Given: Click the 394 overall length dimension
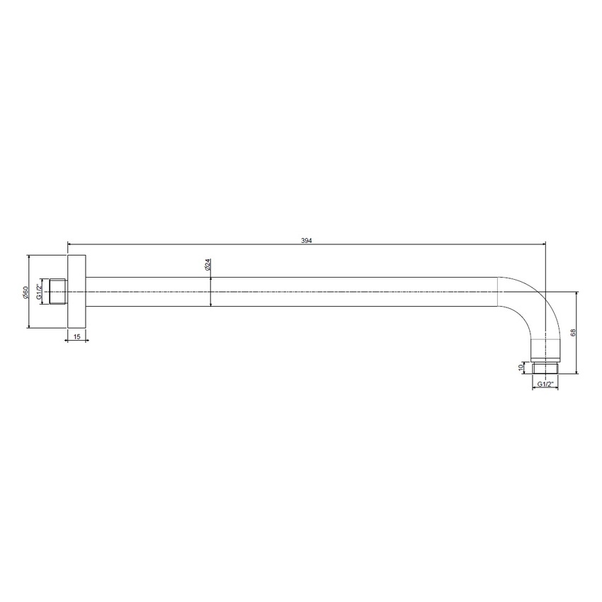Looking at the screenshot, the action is point(307,241).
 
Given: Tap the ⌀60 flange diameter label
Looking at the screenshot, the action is point(25,293).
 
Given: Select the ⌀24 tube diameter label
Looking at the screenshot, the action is point(208,265).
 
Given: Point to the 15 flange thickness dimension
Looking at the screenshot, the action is point(76,336).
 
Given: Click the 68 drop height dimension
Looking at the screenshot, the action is point(573,332).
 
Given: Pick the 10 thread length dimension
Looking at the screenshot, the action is point(521,367).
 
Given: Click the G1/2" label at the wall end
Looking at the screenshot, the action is point(39,292).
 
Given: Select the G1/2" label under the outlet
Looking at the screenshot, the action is point(545,384).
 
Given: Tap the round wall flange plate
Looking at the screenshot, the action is point(76,292).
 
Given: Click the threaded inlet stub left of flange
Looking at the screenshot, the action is point(58,292).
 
